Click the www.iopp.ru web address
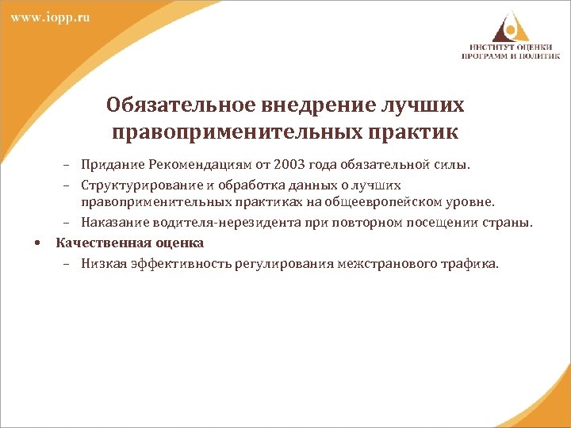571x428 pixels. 50,17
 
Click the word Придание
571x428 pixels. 109,165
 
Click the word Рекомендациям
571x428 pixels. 208,165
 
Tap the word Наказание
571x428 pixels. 113,223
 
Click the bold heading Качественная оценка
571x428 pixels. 129,243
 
